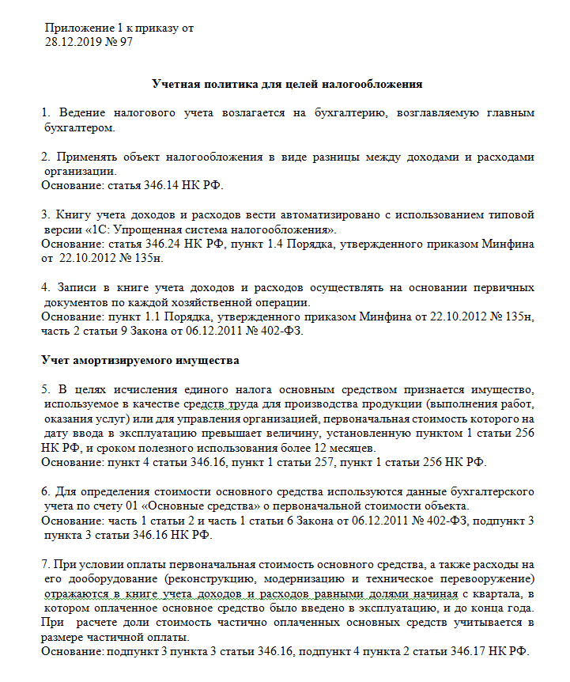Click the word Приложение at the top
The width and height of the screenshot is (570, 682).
[79, 28]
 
